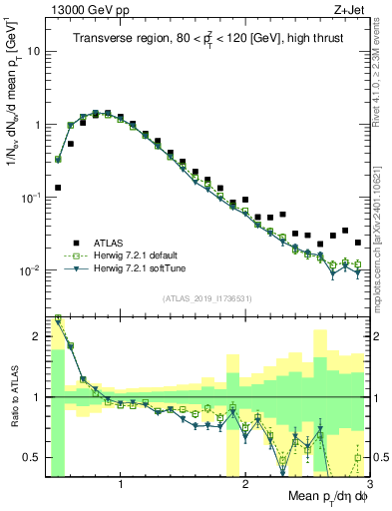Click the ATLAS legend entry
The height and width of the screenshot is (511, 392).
tap(108, 243)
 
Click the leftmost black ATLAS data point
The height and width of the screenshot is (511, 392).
tap(58, 187)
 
